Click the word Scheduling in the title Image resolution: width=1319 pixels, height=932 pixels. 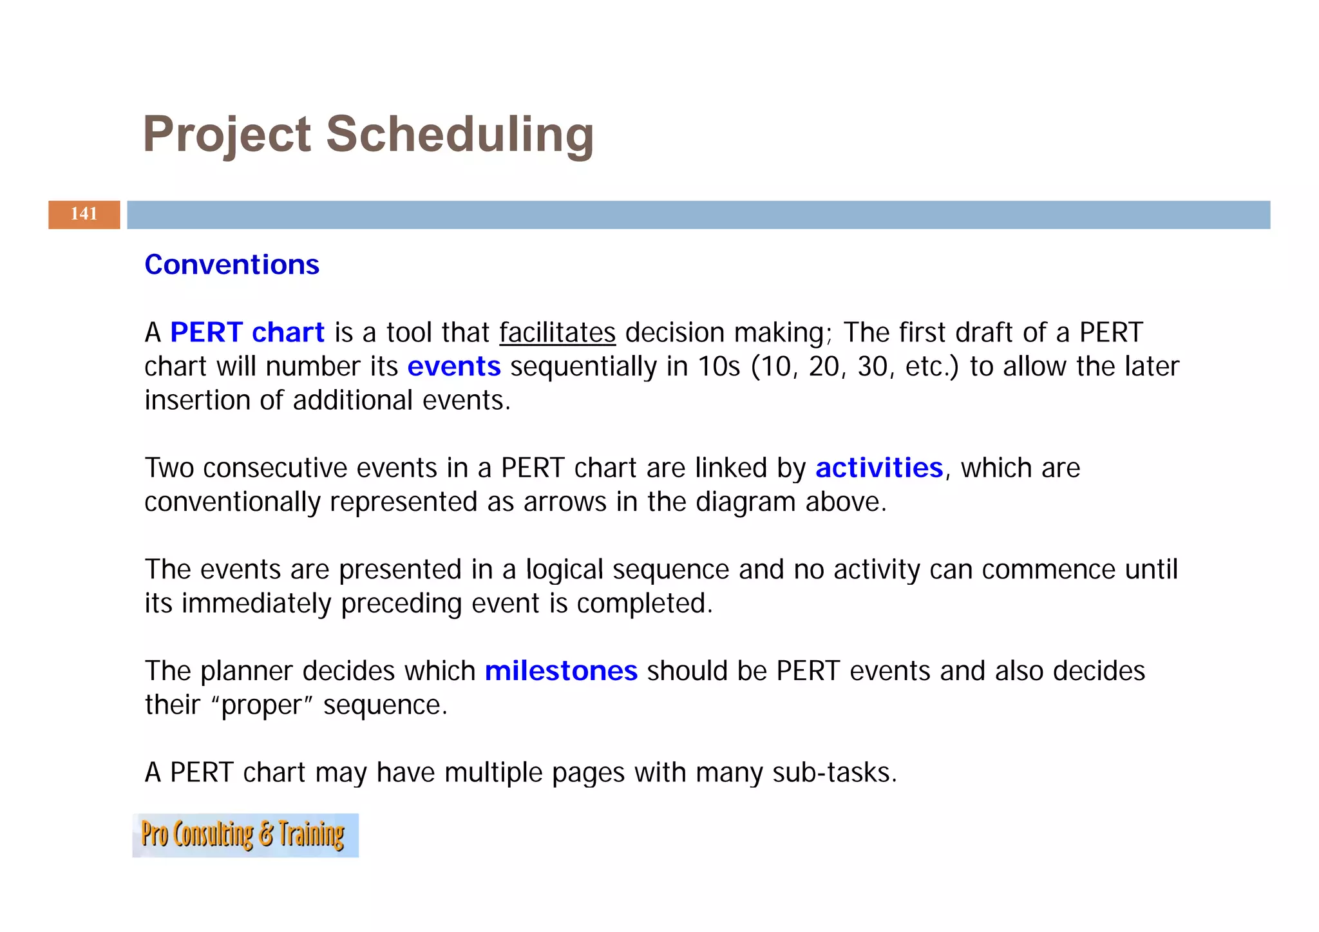[460, 135]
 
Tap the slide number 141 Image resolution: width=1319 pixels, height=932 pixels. [84, 214]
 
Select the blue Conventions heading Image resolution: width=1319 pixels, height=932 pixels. [232, 265]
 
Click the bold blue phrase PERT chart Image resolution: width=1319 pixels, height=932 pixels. [247, 332]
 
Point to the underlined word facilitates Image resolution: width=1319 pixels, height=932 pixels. [557, 333]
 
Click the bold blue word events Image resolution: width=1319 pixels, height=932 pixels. [454, 366]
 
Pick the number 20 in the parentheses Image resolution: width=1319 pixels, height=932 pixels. [824, 366]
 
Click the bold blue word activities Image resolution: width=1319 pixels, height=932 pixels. [879, 468]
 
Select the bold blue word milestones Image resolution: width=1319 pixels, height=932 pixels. [561, 671]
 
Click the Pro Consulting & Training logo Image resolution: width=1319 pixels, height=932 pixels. [245, 835]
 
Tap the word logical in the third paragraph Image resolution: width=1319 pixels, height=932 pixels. [564, 570]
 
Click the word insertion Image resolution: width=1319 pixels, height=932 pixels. [197, 401]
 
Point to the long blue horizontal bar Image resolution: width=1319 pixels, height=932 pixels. [698, 214]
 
